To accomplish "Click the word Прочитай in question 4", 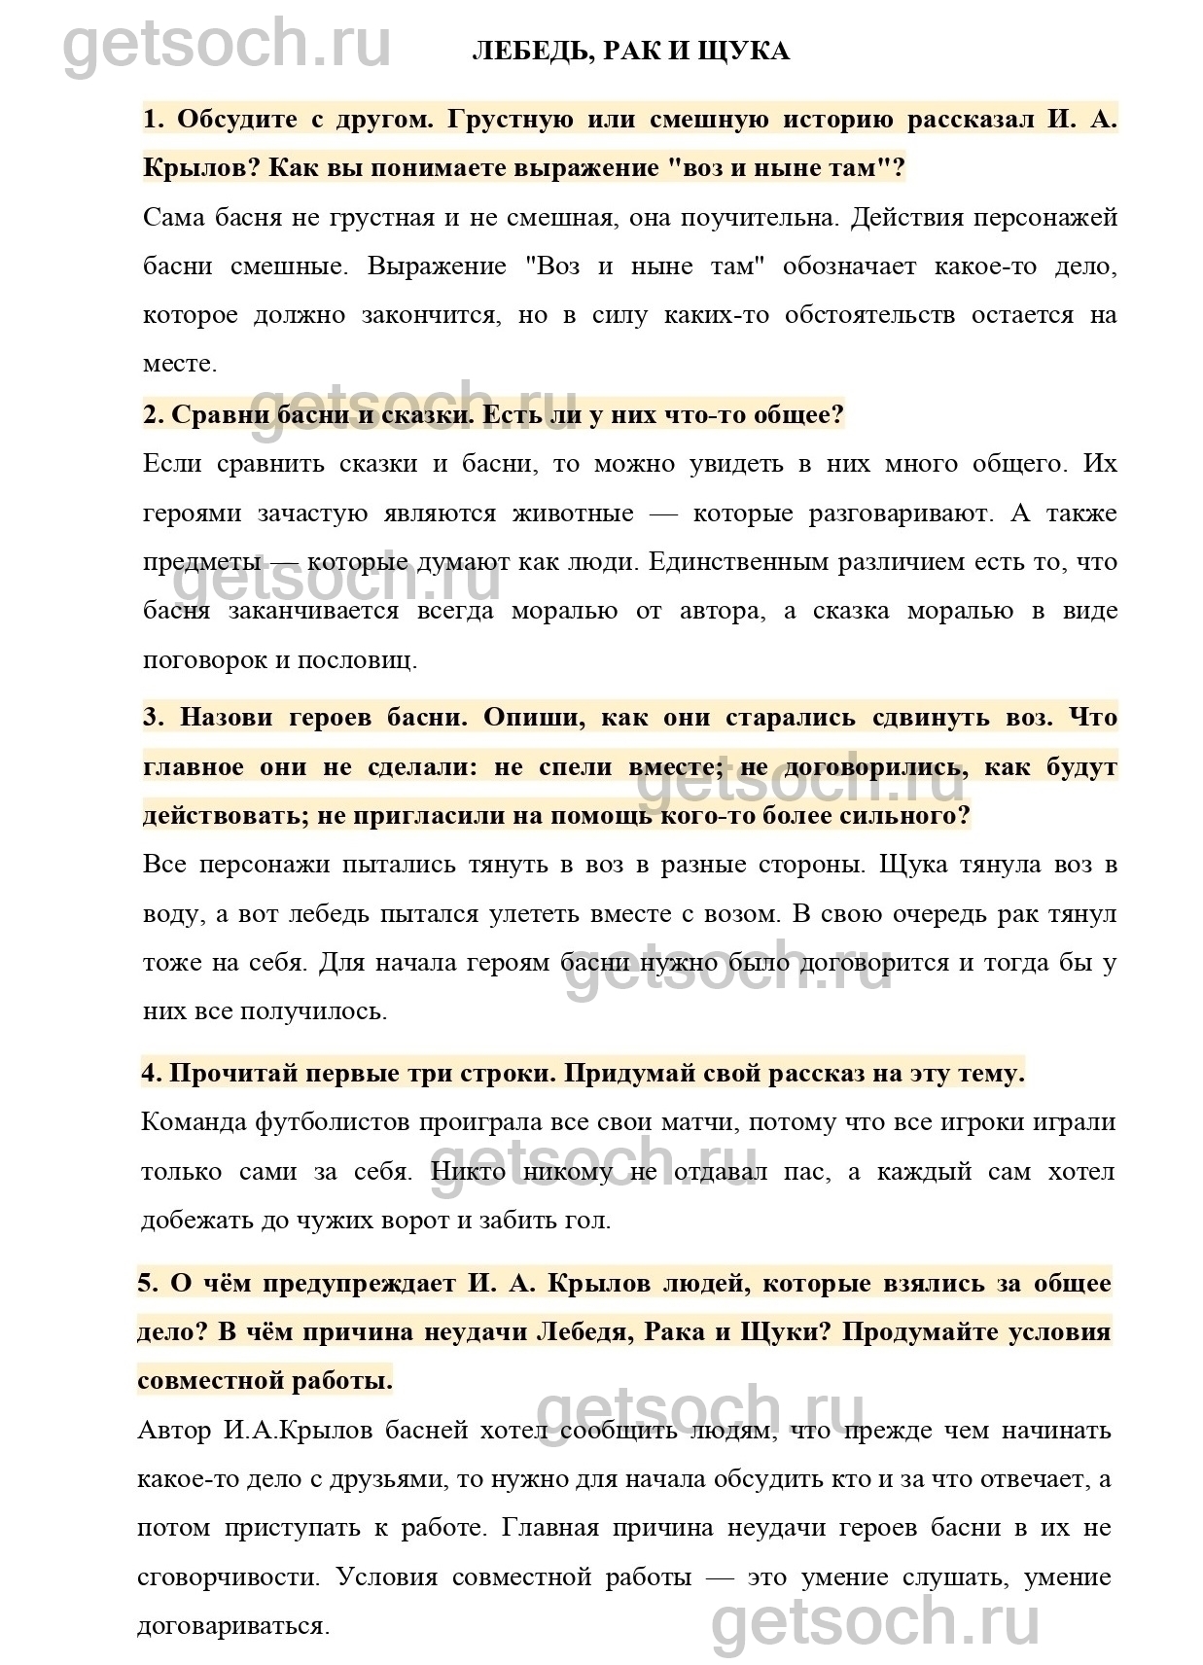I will (230, 1074).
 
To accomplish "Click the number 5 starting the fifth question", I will (147, 1283).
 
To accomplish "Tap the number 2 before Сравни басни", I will (152, 415).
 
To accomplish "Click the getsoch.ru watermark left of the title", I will (228, 45).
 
